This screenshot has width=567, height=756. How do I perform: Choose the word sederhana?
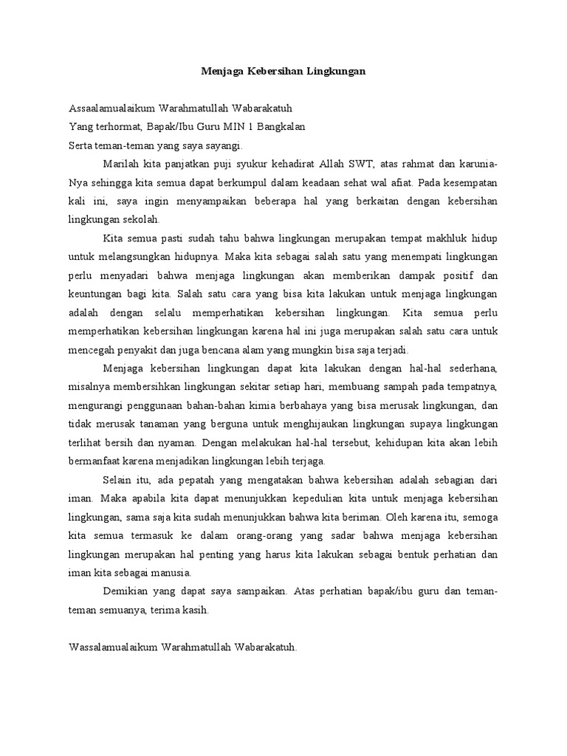473,368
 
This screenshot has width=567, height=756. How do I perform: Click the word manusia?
169,572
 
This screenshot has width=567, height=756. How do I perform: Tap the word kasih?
196,610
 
